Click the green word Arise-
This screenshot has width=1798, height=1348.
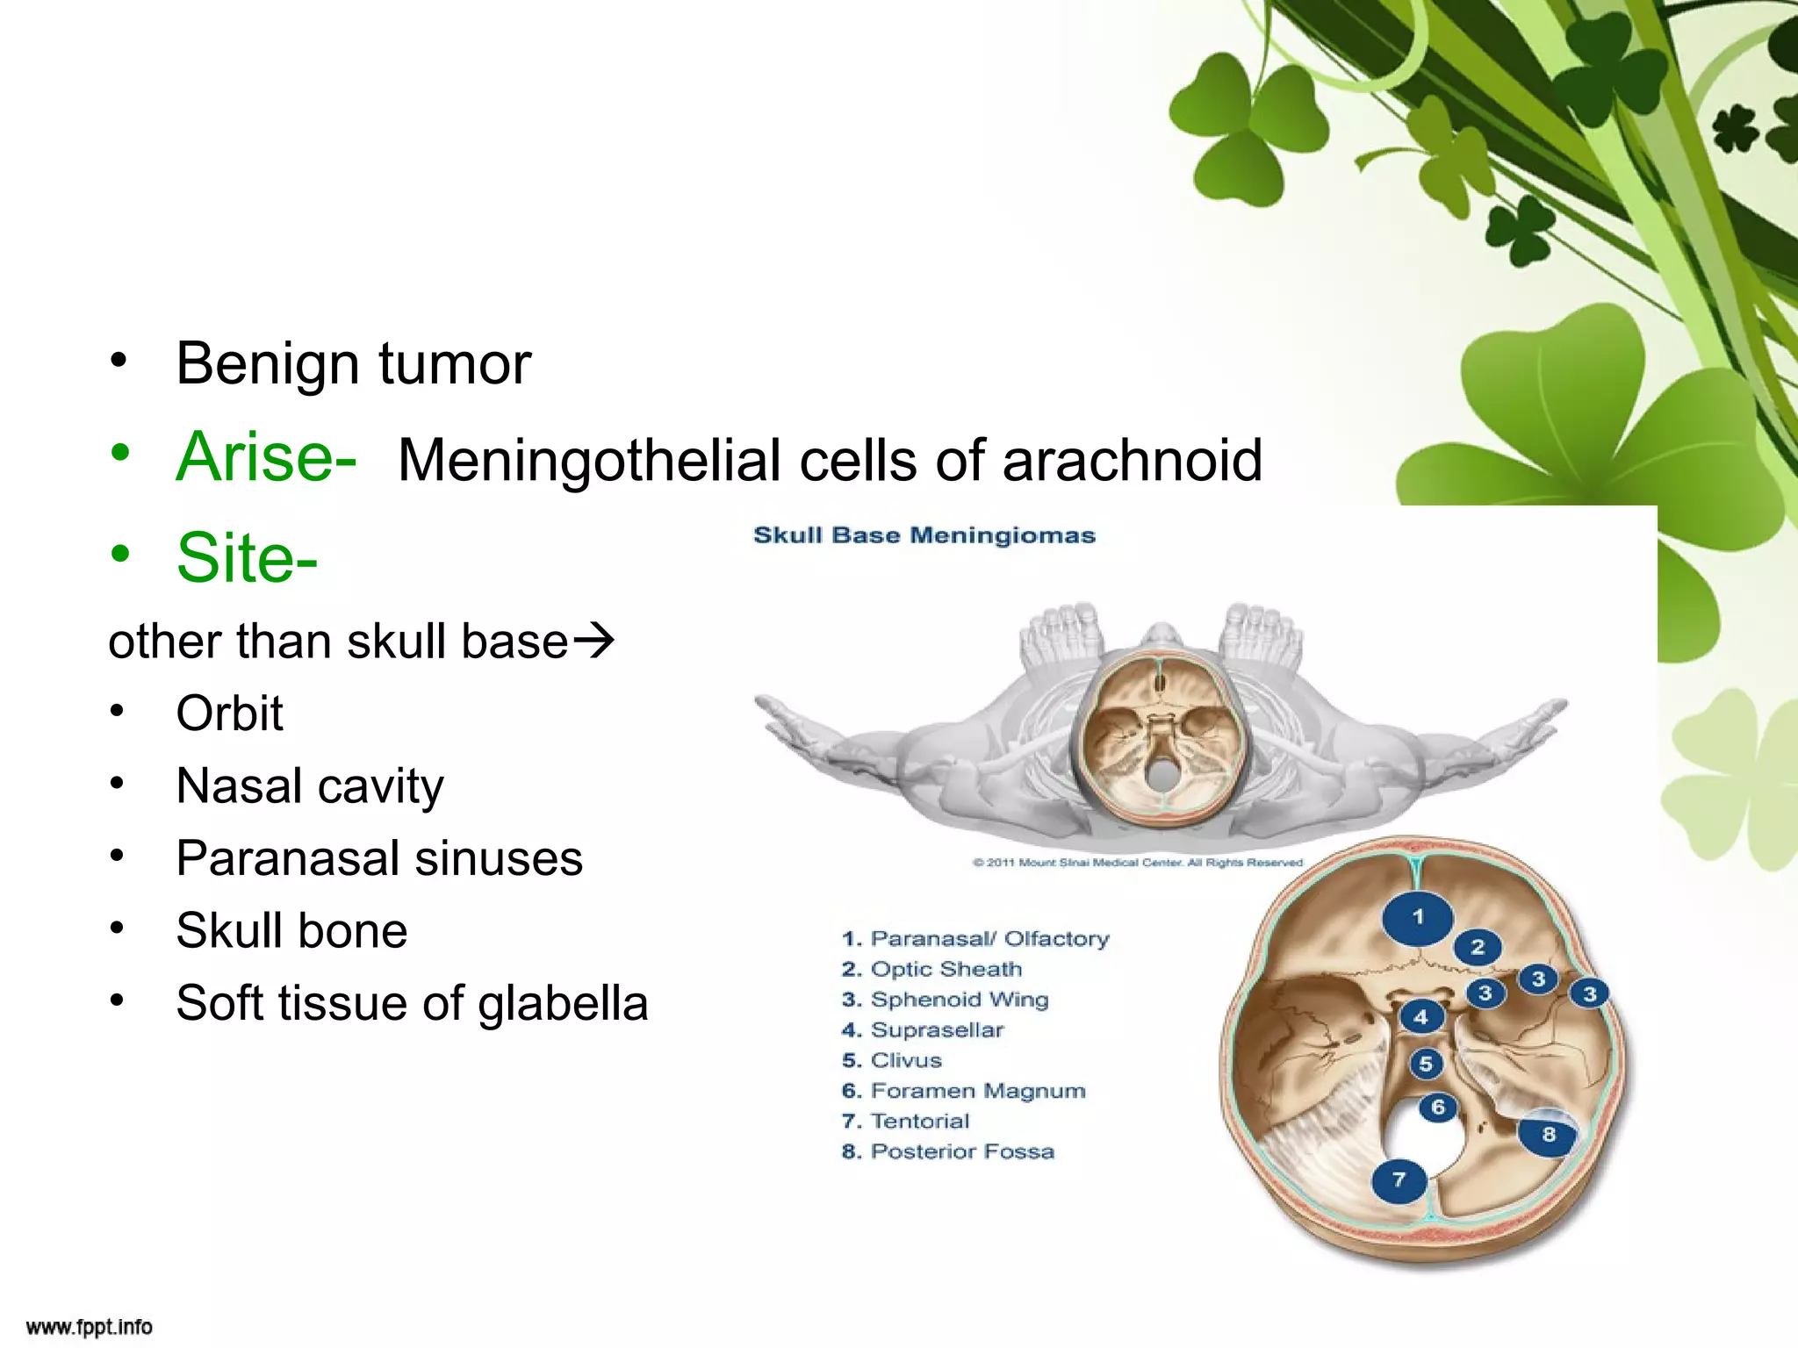[266, 457]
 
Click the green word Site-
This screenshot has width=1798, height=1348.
[247, 558]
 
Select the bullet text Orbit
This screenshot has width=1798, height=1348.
[229, 713]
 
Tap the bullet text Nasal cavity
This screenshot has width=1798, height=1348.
[309, 785]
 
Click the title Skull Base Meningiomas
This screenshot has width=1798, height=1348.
[924, 535]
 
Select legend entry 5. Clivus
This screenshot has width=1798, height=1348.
[891, 1060]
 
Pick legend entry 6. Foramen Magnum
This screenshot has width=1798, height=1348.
[963, 1091]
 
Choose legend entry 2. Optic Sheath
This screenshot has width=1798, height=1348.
[931, 969]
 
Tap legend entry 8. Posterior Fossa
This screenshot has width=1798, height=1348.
[947, 1151]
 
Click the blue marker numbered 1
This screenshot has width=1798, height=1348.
[1417, 917]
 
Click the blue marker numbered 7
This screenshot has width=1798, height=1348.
[1399, 1179]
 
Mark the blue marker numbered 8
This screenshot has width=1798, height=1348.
[1549, 1134]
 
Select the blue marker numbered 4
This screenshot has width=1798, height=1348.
[1420, 1017]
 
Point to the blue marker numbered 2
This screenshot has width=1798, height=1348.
[1478, 947]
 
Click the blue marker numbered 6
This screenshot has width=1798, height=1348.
[1437, 1108]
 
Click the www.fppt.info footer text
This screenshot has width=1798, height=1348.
[90, 1327]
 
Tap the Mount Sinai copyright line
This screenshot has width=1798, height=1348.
[1137, 863]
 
